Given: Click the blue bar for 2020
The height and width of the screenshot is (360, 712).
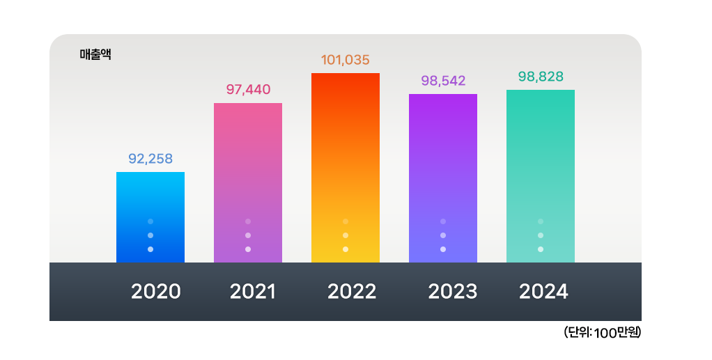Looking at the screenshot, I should pyautogui.click(x=150, y=202).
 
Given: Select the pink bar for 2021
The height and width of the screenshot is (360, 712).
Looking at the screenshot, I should pyautogui.click(x=248, y=167).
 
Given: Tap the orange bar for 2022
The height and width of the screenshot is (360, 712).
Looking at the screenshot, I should pyautogui.click(x=346, y=153).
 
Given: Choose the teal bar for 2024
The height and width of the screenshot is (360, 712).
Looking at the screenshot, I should pyautogui.click(x=541, y=160).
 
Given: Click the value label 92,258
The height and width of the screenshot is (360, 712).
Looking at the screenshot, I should pyautogui.click(x=150, y=158).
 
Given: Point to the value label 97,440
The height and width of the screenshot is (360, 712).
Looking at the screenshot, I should pyautogui.click(x=248, y=89).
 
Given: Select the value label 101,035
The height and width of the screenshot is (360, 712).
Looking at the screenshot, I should pyautogui.click(x=346, y=60).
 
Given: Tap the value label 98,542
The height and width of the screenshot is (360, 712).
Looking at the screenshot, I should pyautogui.click(x=443, y=80).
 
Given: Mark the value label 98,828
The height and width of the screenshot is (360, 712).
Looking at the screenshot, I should pyautogui.click(x=541, y=76).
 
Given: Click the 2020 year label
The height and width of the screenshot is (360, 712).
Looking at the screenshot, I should pyautogui.click(x=156, y=291).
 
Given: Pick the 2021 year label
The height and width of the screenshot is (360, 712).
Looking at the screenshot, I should pyautogui.click(x=253, y=291).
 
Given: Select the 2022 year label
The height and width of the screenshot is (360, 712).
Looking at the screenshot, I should pyautogui.click(x=352, y=291).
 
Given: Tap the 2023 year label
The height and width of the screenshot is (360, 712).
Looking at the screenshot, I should pyautogui.click(x=453, y=291).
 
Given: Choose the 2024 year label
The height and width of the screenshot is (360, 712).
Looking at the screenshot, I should pyautogui.click(x=543, y=291).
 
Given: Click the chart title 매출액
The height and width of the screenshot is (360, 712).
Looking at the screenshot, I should pyautogui.click(x=96, y=54).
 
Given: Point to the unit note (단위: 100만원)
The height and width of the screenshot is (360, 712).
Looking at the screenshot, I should pyautogui.click(x=602, y=333).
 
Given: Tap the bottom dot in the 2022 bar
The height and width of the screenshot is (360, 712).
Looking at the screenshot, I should pyautogui.click(x=346, y=249).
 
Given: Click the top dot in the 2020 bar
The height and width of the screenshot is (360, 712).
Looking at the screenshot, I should pyautogui.click(x=150, y=221).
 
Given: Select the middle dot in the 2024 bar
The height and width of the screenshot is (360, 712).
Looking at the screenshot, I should pyautogui.click(x=541, y=235).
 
